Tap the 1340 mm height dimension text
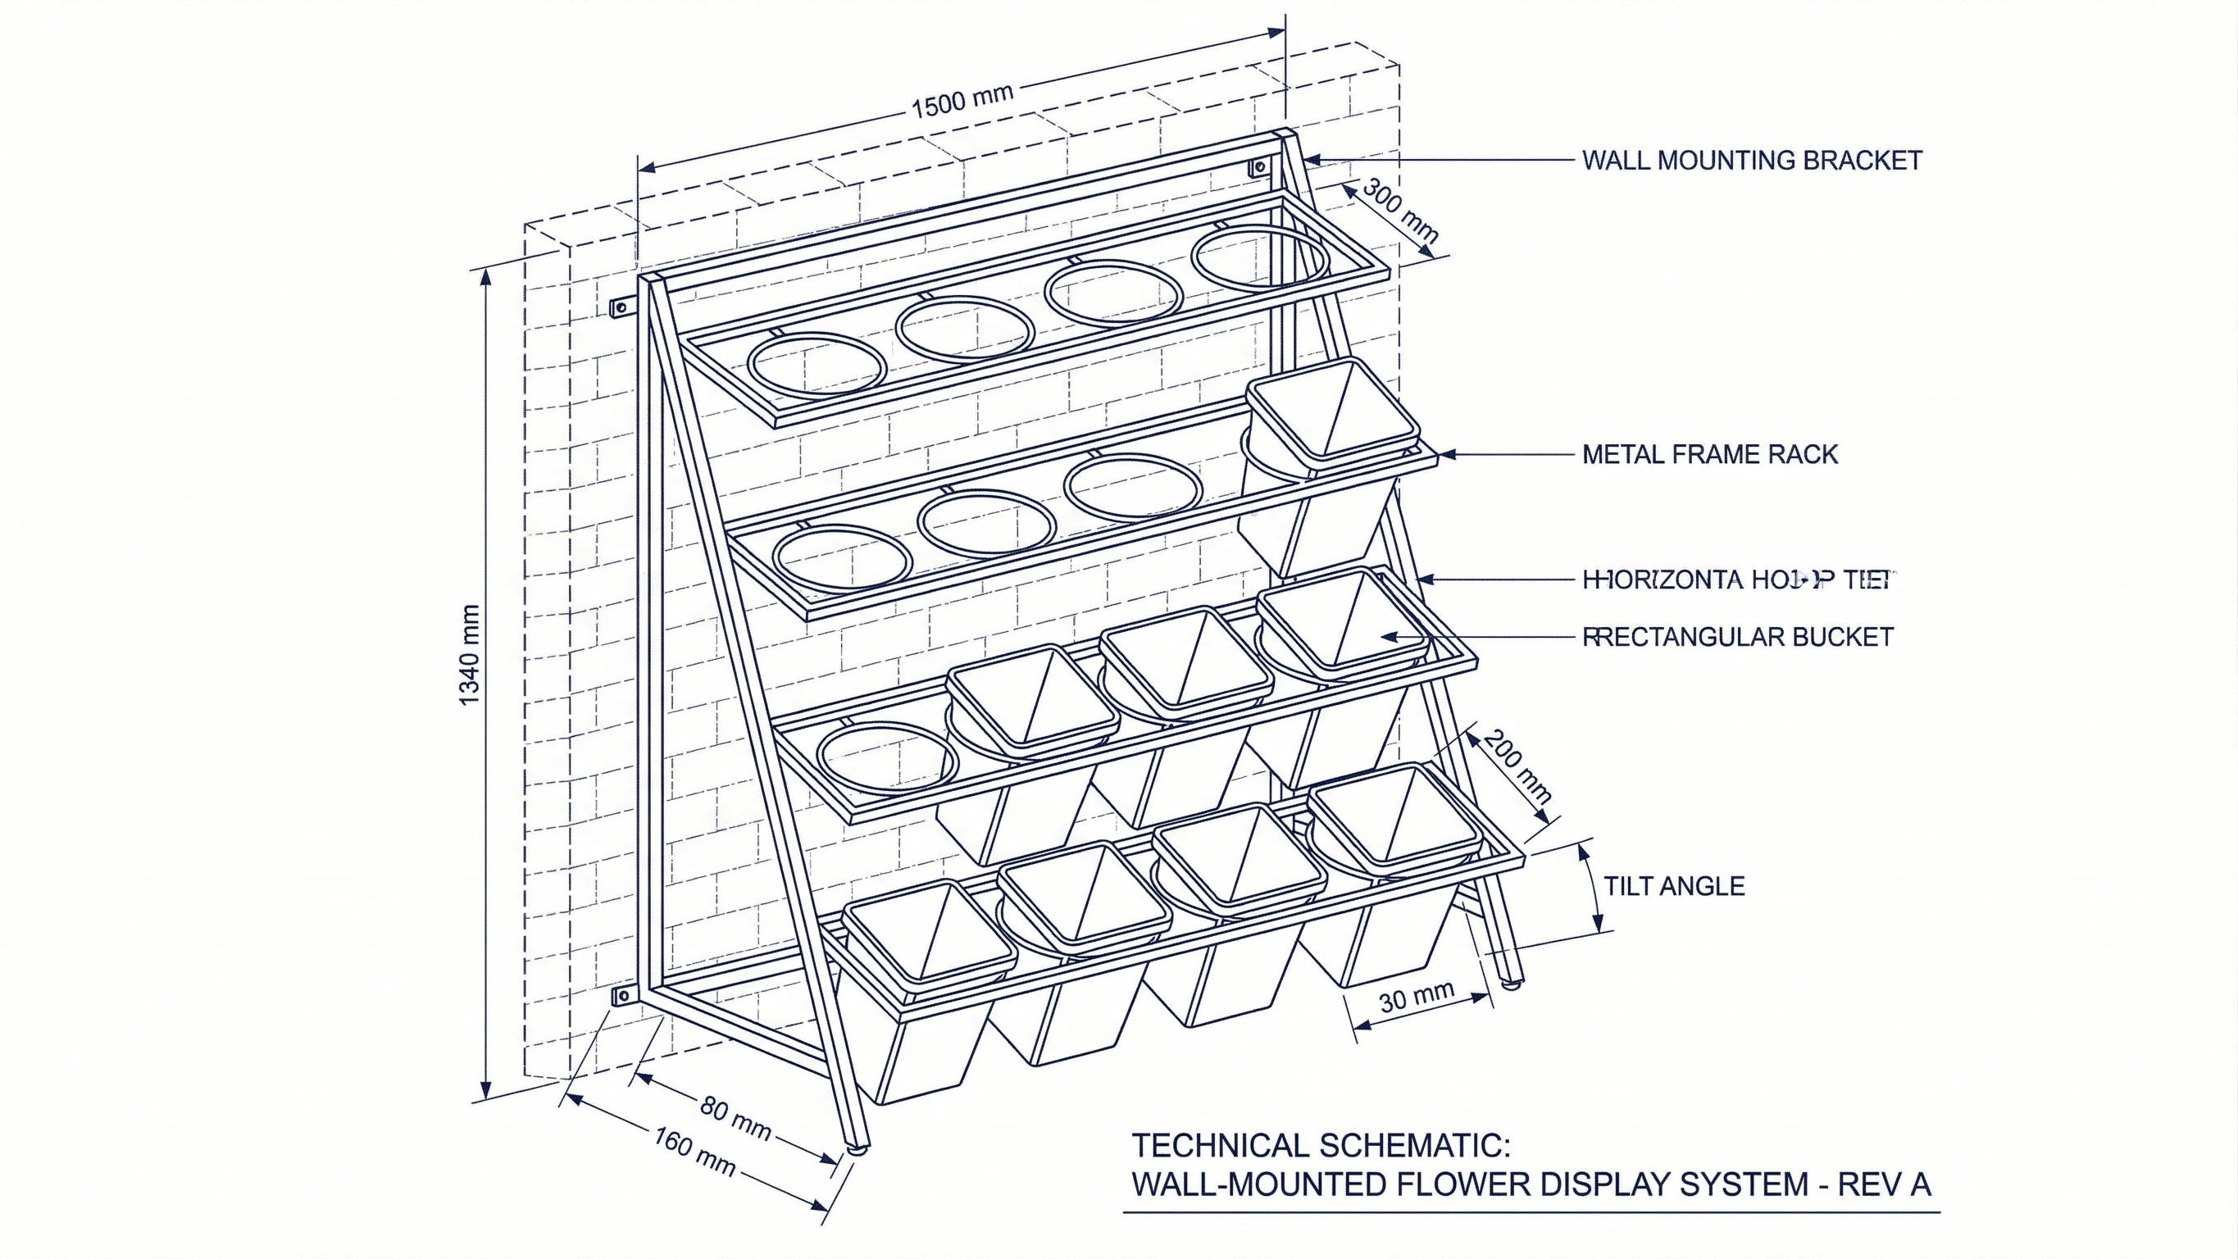468,656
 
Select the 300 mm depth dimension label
1399,211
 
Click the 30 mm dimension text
1416,998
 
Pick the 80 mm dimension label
735,1119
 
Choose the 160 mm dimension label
695,1152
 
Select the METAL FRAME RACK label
1710,454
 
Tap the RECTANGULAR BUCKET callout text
1738,637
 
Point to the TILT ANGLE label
1673,886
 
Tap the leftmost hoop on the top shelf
817,365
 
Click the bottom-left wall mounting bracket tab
621,996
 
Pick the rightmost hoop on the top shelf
1260,258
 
